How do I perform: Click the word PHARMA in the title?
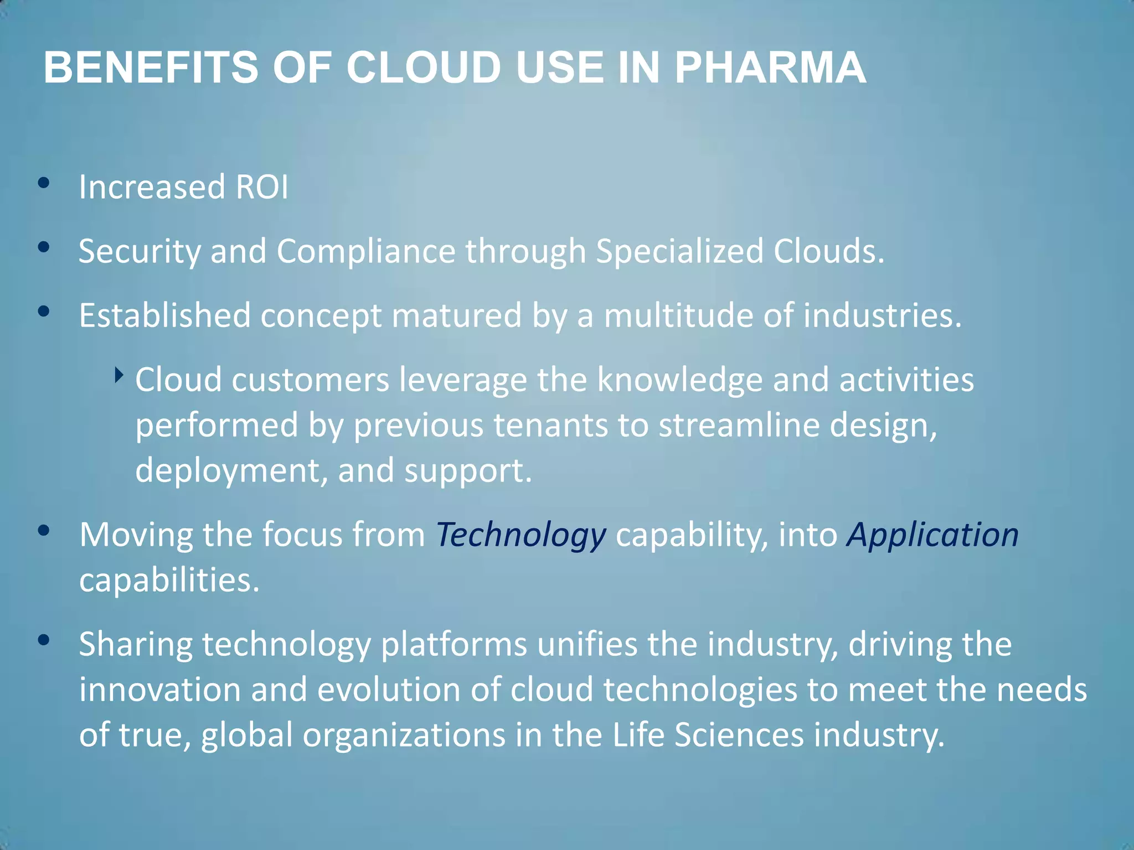click(x=770, y=68)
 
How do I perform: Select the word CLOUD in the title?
click(x=424, y=68)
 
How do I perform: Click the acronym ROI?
click(x=261, y=187)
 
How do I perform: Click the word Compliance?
click(x=365, y=251)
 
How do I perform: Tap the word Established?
click(x=164, y=315)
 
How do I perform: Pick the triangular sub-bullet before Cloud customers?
click(x=118, y=376)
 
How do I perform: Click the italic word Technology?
click(x=520, y=535)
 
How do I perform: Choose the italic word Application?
click(x=932, y=535)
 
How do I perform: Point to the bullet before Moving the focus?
click(x=44, y=531)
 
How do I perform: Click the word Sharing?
click(x=136, y=645)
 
